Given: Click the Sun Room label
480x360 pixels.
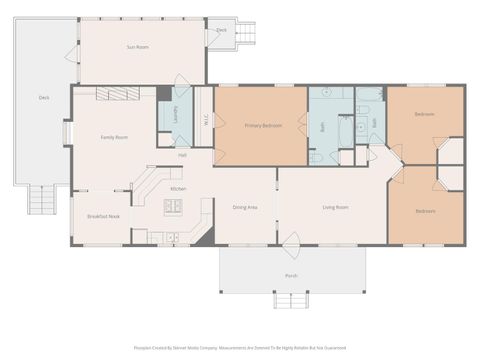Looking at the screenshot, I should click(137, 47).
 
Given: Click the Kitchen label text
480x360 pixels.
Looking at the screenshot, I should click(178, 188).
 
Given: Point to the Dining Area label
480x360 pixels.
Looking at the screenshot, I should click(245, 207).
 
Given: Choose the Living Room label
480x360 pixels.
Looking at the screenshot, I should click(335, 207).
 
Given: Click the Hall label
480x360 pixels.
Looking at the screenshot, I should click(182, 155).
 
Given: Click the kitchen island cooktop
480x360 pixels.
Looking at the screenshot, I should click(173, 207).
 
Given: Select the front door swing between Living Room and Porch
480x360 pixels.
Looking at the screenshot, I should click(291, 240).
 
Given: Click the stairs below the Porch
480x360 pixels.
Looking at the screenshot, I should click(290, 298).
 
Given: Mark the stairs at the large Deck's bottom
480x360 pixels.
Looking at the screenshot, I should click(42, 201).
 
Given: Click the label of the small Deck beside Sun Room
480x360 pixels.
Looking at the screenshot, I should click(221, 31).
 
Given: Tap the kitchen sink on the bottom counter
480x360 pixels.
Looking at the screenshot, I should click(173, 238).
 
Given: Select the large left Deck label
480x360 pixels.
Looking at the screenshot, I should click(44, 97).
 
